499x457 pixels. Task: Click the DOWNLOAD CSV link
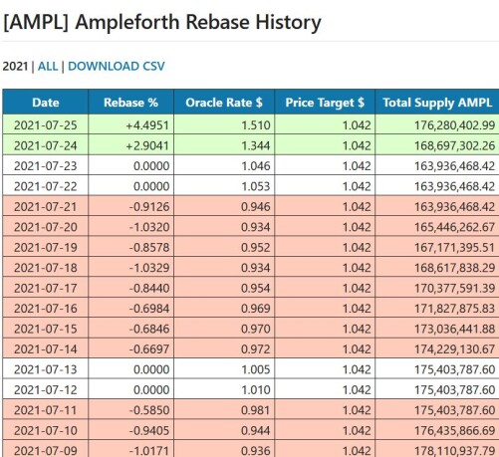point(117,66)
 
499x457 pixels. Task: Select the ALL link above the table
point(48,66)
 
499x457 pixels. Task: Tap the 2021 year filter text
point(15,66)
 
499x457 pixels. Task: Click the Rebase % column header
point(130,103)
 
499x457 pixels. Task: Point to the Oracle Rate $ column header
point(224,103)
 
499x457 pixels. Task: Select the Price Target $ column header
point(325,103)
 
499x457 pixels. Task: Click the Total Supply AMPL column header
point(437,103)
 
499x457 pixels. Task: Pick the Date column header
point(46,103)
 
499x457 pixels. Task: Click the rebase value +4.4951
point(147,125)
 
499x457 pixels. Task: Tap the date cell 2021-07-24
point(46,145)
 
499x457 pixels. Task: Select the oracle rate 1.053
point(256,186)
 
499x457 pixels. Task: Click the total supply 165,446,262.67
point(454,227)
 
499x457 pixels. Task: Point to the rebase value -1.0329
point(149,268)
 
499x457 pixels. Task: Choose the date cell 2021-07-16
point(46,309)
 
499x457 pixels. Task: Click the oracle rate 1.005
point(256,369)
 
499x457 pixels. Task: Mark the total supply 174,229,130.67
point(454,349)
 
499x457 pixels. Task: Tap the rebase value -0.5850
point(149,410)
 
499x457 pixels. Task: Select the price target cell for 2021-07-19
point(357,248)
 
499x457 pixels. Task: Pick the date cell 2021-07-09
point(46,451)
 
